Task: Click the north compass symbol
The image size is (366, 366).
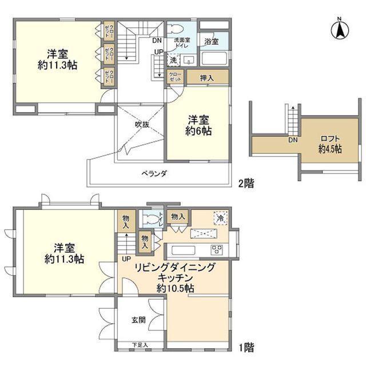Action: point(339,29)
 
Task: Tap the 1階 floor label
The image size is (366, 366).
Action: point(247,347)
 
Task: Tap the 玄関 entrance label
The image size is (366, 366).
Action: point(140,321)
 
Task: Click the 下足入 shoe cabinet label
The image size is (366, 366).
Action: point(140,345)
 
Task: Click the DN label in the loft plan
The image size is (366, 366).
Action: point(292,140)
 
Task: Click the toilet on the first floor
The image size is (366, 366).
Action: point(152,218)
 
